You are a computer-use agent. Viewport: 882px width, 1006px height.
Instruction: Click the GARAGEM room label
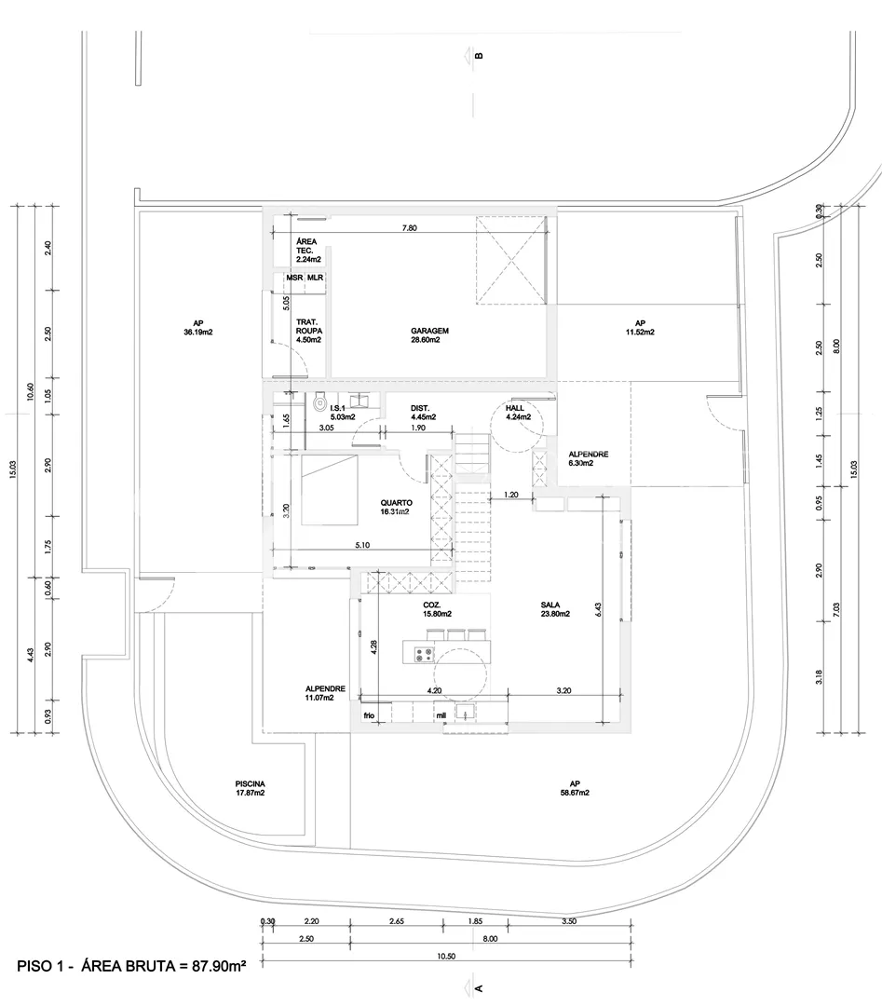tap(430, 331)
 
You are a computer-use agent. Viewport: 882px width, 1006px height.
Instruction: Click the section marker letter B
tap(479, 54)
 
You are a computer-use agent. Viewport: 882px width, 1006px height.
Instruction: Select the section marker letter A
tap(479, 987)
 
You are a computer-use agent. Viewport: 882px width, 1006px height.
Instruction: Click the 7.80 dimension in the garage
tap(409, 227)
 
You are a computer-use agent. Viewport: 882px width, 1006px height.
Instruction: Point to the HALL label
tap(515, 409)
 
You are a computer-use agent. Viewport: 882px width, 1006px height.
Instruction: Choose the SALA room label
tap(550, 605)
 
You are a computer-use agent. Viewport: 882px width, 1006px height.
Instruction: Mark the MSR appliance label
tap(294, 278)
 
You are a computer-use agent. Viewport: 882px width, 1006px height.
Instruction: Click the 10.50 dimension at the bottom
tap(445, 957)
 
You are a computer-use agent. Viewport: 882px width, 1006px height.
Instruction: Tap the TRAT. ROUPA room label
tap(306, 330)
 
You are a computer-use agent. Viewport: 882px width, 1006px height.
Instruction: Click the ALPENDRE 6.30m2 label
tap(589, 459)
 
